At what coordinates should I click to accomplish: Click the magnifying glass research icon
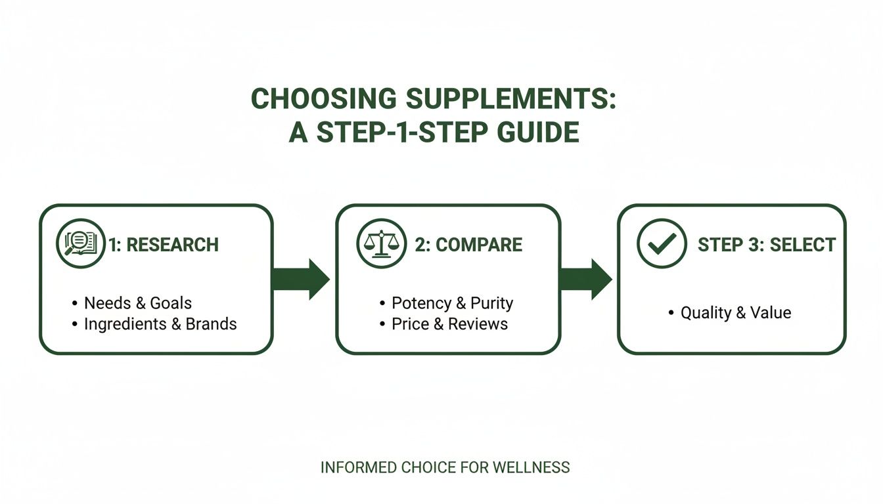(x=80, y=244)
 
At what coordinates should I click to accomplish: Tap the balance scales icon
(x=380, y=244)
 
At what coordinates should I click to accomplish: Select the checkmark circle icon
(x=661, y=244)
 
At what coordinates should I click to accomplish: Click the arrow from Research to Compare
(x=301, y=279)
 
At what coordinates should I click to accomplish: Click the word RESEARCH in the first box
(x=172, y=245)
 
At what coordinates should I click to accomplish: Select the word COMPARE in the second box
(x=479, y=245)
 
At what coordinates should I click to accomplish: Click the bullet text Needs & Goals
(x=138, y=303)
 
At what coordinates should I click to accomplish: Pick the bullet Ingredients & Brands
(x=160, y=324)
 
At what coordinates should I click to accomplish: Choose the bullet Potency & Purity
(x=452, y=303)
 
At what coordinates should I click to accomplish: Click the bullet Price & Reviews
(x=449, y=324)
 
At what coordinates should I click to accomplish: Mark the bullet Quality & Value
(x=735, y=312)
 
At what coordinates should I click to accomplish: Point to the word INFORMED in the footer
(x=358, y=468)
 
